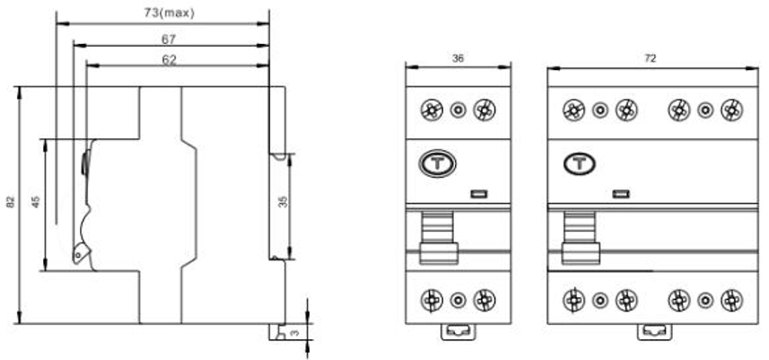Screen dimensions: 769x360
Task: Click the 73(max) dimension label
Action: [170, 13]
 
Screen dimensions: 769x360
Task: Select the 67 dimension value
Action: [169, 39]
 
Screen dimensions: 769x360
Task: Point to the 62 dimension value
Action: [169, 60]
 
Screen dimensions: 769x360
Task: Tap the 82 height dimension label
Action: [10, 202]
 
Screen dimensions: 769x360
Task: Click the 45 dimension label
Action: [36, 202]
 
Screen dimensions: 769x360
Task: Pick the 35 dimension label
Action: [283, 202]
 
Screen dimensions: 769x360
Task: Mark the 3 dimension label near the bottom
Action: [294, 333]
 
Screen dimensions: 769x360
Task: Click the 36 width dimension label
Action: [458, 58]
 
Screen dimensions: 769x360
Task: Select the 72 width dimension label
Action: [650, 58]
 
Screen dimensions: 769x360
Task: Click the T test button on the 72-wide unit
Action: [579, 163]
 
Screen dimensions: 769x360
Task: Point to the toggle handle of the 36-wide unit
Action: [439, 237]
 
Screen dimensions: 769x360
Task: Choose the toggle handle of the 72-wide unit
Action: [581, 237]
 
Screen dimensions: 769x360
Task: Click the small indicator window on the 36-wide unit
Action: [478, 194]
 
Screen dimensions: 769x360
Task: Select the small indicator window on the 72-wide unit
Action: [621, 194]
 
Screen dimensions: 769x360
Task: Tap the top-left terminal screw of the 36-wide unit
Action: [432, 110]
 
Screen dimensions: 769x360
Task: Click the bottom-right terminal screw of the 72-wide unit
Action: [731, 300]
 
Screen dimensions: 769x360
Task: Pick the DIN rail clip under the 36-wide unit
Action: [458, 331]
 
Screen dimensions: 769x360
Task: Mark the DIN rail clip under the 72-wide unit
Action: [654, 331]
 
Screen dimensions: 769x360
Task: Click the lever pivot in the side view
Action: [77, 255]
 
